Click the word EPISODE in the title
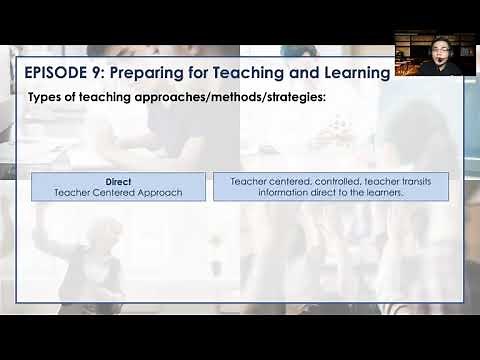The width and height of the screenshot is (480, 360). [58, 72]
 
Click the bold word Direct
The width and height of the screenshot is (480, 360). [119, 181]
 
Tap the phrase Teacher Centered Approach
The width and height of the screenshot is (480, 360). [119, 192]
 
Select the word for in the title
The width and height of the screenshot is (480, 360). [218, 72]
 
